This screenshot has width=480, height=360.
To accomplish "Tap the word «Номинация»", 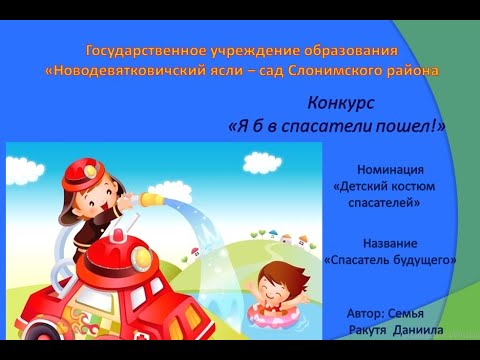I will [389, 170].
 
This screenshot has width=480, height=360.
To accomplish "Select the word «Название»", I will [389, 243].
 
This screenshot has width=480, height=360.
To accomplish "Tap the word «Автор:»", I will [364, 312].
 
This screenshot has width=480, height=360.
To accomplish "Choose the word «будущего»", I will [421, 259].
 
